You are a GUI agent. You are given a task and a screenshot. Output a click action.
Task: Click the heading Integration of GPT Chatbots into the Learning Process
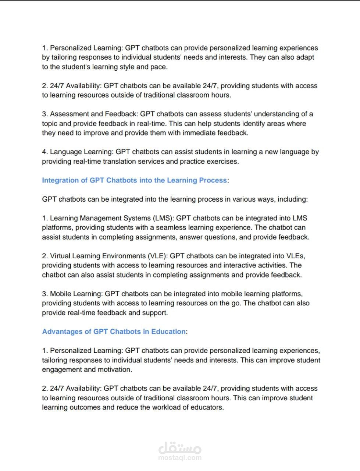click(135, 180)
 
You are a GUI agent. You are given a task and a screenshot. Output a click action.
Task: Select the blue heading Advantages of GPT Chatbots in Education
click(114, 332)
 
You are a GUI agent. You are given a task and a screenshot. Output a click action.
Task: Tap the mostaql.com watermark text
click(180, 458)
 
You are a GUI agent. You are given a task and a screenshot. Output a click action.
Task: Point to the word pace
click(159, 67)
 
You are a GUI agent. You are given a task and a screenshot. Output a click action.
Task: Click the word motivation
click(114, 369)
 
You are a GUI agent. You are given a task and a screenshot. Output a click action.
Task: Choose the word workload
click(167, 407)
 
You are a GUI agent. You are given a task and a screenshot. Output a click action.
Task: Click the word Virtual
click(60, 256)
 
